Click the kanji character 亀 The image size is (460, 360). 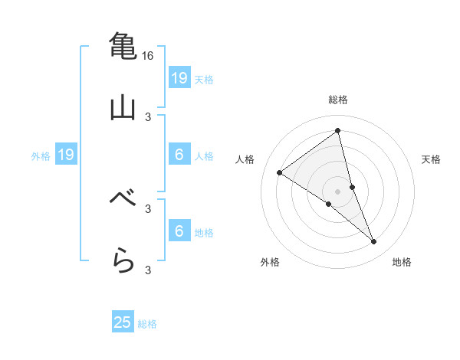[x=123, y=46]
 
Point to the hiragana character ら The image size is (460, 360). [x=123, y=260]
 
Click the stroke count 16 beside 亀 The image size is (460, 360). [x=148, y=56]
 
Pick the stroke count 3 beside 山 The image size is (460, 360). [x=148, y=116]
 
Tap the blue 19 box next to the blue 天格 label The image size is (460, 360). [x=179, y=78]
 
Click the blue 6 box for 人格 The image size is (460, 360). [x=179, y=155]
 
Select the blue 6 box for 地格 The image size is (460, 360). [x=179, y=232]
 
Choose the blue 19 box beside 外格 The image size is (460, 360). [x=65, y=155]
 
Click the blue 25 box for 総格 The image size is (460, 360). [x=123, y=322]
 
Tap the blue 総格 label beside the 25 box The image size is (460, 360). [x=147, y=324]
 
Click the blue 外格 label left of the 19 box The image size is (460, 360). [x=41, y=156]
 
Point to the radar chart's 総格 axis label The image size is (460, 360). [x=338, y=100]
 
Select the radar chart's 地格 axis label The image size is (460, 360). [x=402, y=263]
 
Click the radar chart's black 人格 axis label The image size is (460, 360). [x=245, y=159]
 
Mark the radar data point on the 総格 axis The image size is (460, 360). [x=337, y=130]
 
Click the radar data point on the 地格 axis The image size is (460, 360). [x=374, y=242]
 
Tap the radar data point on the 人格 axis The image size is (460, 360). [x=279, y=172]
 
